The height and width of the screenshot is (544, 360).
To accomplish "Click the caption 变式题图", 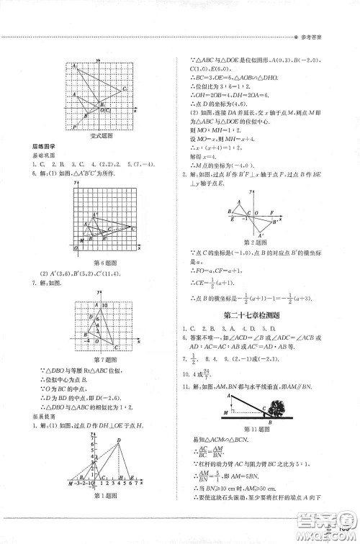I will (x=98, y=136).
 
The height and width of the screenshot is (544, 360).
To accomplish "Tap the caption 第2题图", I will (x=255, y=241).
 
